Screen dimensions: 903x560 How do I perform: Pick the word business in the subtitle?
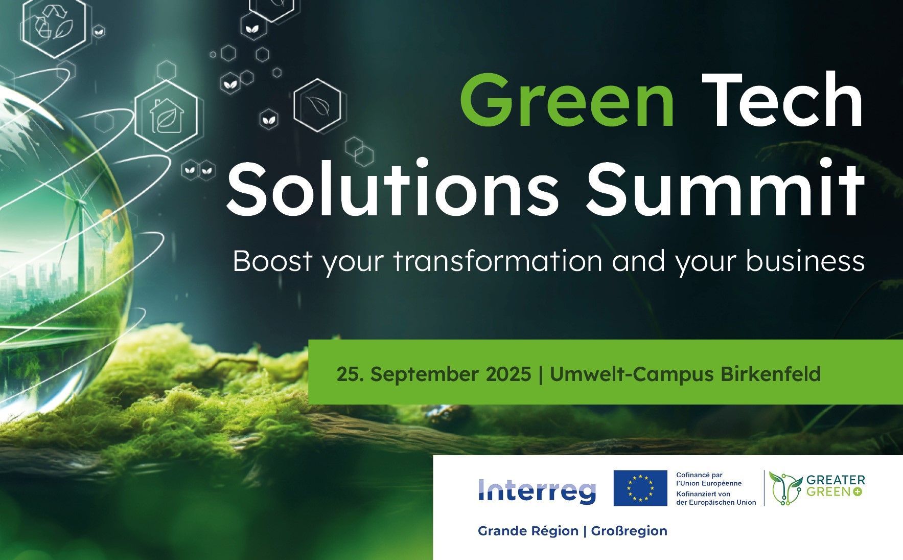click(x=805, y=261)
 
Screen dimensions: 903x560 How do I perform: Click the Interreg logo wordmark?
click(x=537, y=490)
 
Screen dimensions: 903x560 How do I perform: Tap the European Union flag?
click(x=640, y=488)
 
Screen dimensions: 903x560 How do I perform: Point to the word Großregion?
click(x=629, y=531)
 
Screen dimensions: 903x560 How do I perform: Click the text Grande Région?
click(x=528, y=531)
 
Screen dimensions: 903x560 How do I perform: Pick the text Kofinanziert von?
click(x=703, y=494)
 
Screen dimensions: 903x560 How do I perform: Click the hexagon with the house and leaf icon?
click(x=166, y=116)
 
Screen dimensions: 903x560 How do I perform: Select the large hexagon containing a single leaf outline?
click(x=317, y=106)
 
